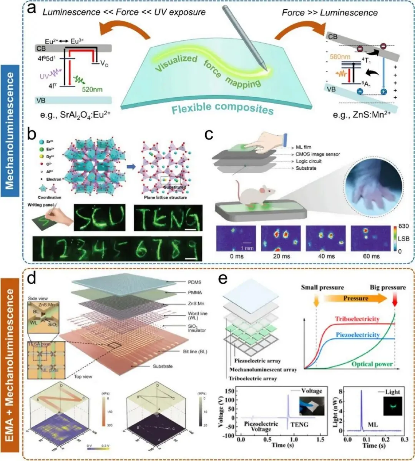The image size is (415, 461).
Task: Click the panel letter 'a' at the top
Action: [31, 9]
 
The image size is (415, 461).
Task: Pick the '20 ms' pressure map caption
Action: [274, 256]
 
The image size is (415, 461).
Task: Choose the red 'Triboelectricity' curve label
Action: [357, 319]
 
